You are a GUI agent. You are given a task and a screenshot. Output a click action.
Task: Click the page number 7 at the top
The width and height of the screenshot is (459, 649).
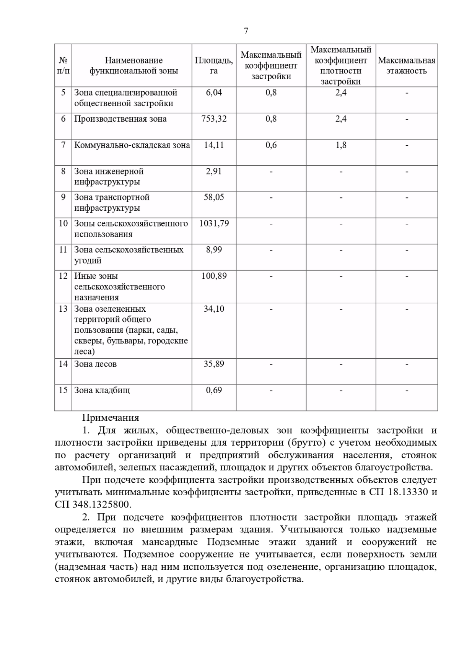click(x=246, y=31)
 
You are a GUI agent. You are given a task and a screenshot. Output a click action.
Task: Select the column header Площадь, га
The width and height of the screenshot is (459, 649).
click(x=214, y=65)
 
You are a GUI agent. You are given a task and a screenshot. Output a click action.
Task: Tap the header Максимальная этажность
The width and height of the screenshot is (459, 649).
click(x=406, y=65)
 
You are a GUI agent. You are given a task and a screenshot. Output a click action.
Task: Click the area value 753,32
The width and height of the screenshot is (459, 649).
click(x=214, y=119)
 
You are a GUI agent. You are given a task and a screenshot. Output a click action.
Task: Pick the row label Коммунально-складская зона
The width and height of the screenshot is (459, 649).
click(x=132, y=145)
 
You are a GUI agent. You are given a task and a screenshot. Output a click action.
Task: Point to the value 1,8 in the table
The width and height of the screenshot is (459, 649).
click(x=341, y=145)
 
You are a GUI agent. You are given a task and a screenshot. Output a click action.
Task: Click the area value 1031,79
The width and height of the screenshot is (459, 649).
click(x=214, y=223)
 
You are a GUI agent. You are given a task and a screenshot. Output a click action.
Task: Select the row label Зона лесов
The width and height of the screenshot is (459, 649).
click(x=95, y=364)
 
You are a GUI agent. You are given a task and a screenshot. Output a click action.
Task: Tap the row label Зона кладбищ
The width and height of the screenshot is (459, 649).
click(x=102, y=390)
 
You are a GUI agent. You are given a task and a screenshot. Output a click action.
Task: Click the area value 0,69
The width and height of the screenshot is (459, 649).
click(x=214, y=390)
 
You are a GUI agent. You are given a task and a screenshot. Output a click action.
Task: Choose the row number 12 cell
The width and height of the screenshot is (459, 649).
click(x=63, y=276)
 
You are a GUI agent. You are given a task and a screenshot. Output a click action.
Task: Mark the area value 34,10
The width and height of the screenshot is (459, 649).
click(x=214, y=309)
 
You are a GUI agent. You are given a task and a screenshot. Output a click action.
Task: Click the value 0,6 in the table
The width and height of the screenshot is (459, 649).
click(x=271, y=145)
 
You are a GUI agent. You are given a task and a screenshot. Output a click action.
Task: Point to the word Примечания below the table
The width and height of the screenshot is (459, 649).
click(x=111, y=418)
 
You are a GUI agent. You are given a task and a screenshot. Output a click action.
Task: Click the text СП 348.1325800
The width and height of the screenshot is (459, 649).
click(x=93, y=504)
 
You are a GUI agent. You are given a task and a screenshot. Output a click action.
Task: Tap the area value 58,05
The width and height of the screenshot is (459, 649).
click(x=214, y=197)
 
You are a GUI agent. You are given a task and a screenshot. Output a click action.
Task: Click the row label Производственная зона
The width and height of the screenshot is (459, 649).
click(x=120, y=119)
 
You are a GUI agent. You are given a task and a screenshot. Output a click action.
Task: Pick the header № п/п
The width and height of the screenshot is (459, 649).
click(x=63, y=65)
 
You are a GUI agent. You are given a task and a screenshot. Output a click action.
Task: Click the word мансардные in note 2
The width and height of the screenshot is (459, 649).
click(x=170, y=542)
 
